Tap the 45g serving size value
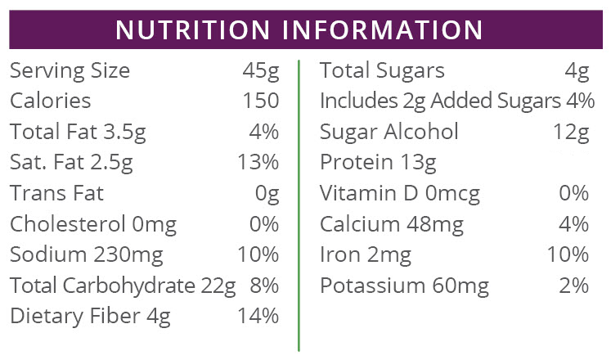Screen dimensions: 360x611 click(x=261, y=71)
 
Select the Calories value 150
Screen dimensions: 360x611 click(x=260, y=101)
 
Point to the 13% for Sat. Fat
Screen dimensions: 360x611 click(x=258, y=162)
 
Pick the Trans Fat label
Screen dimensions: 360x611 click(x=56, y=193)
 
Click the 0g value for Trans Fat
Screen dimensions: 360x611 click(x=267, y=193)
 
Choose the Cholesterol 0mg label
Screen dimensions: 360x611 click(x=92, y=224)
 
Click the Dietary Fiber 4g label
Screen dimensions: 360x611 click(x=90, y=316)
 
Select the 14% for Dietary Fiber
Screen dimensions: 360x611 click(x=258, y=316)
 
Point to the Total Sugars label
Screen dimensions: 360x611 click(x=382, y=71)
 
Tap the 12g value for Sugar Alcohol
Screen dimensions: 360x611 click(x=571, y=132)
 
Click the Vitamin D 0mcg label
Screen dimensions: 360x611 click(x=400, y=193)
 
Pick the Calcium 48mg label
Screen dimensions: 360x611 click(x=392, y=224)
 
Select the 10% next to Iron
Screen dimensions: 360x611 click(x=568, y=254)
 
